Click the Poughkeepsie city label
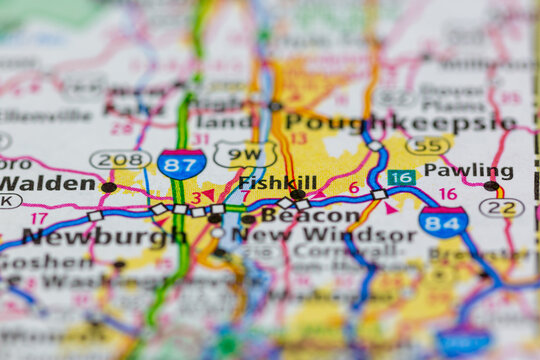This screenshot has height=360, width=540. [399, 123]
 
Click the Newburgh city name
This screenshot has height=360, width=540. [89, 237]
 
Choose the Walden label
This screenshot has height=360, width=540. [47, 184]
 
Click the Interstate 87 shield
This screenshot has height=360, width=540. [182, 163]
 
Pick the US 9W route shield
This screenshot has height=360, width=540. [245, 154]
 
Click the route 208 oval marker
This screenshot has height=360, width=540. [120, 159]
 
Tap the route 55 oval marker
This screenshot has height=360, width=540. [427, 146]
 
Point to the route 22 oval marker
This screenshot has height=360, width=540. [501, 208]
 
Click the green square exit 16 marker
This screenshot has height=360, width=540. [402, 177]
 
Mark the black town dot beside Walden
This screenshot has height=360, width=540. [108, 187]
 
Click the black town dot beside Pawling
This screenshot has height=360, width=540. [491, 186]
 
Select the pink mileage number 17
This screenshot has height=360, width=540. [39, 217]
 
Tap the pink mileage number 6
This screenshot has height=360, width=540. [353, 188]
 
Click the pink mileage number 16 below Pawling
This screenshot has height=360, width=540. [447, 194]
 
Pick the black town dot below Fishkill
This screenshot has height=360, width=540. [297, 195]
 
